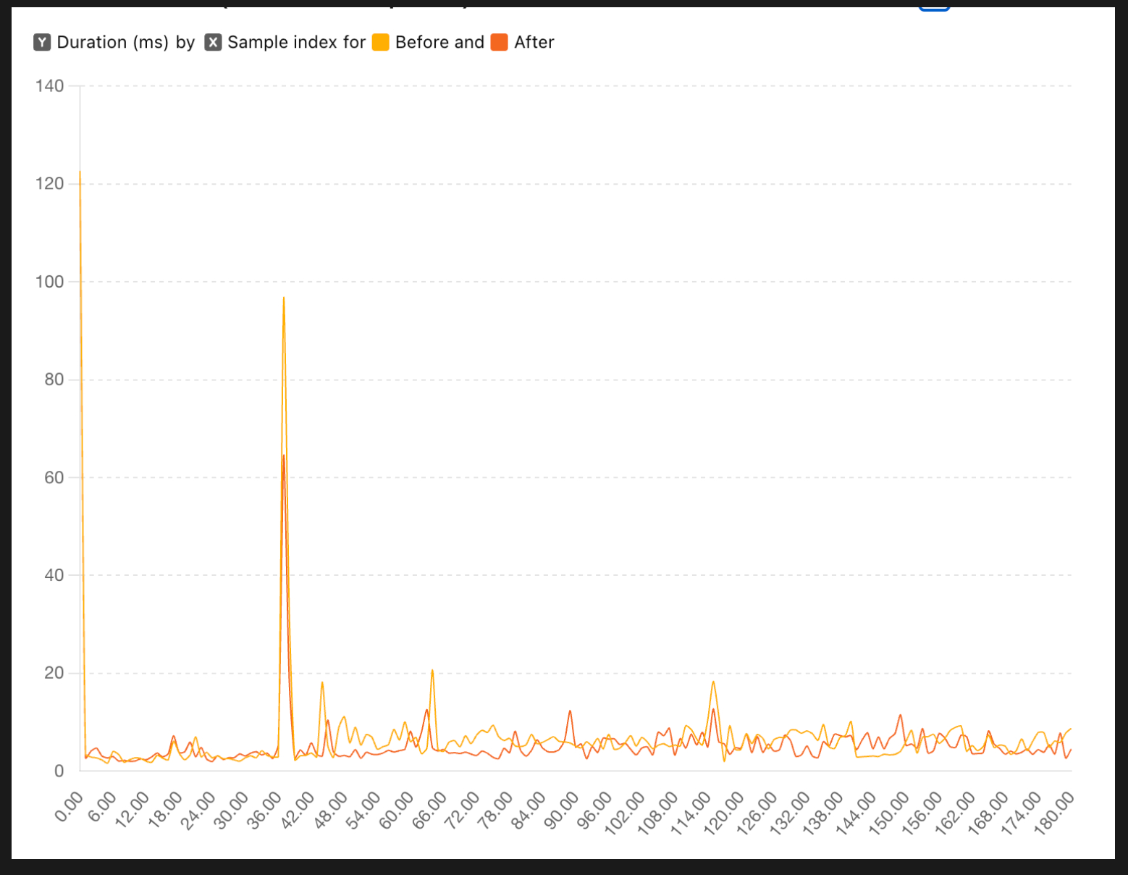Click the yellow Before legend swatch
[381, 42]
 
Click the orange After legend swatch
[500, 42]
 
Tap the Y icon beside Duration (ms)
[42, 42]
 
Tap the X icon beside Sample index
[213, 42]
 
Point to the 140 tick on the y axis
[50, 86]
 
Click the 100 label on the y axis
[50, 282]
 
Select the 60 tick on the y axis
[54, 477]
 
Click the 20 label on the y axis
[54, 673]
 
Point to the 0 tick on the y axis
[59, 771]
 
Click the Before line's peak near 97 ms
[284, 298]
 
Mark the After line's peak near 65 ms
[284, 456]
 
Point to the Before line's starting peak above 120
[80, 172]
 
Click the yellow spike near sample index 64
[432, 671]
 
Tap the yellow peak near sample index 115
[713, 682]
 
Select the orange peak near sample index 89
[571, 711]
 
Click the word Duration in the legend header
[92, 42]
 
